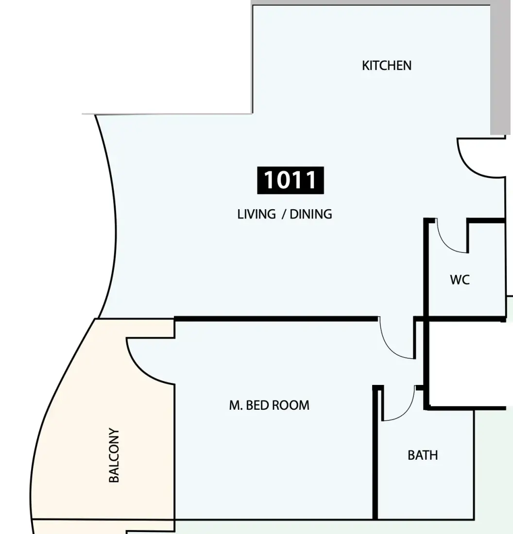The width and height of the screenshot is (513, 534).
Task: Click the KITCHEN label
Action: coord(387,66)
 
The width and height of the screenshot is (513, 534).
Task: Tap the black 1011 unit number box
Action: coord(291,180)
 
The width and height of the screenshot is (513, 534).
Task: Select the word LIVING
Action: coord(256,214)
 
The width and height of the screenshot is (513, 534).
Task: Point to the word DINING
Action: coord(310,214)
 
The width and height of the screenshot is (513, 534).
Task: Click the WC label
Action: coord(460,280)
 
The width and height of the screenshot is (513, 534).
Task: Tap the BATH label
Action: coord(423,455)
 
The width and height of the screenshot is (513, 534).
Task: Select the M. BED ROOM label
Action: coord(269,405)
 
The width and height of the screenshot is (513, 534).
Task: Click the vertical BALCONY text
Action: coord(114,455)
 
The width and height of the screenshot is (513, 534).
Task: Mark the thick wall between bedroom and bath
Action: coord(375,453)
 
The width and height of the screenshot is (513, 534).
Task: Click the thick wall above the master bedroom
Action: coord(276,319)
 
